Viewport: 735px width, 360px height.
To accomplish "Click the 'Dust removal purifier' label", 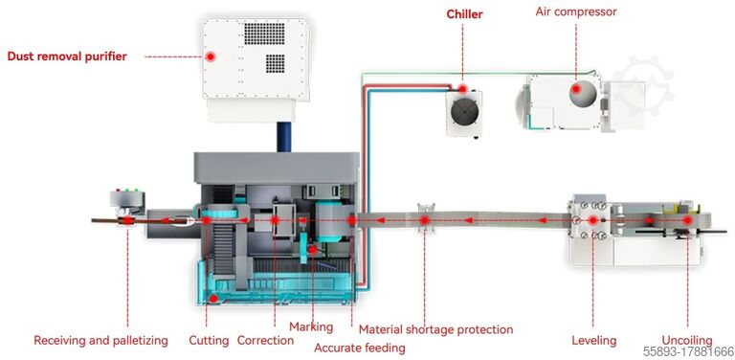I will tap(67, 56).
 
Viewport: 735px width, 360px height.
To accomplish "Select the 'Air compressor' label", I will tap(575, 12).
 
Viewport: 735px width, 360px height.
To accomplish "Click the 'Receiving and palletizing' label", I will tap(100, 340).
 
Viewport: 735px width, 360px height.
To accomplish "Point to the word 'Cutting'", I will tap(209, 340).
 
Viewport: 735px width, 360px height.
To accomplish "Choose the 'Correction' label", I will tap(265, 340).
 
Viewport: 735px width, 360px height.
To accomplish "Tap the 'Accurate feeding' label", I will tap(360, 348).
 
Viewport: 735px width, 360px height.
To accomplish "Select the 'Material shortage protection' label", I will tap(435, 329).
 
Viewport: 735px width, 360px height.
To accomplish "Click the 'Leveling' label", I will tap(593, 340).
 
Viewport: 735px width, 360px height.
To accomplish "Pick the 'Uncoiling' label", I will tap(687, 340).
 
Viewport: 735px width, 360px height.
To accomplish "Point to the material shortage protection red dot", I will tap(425, 221).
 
